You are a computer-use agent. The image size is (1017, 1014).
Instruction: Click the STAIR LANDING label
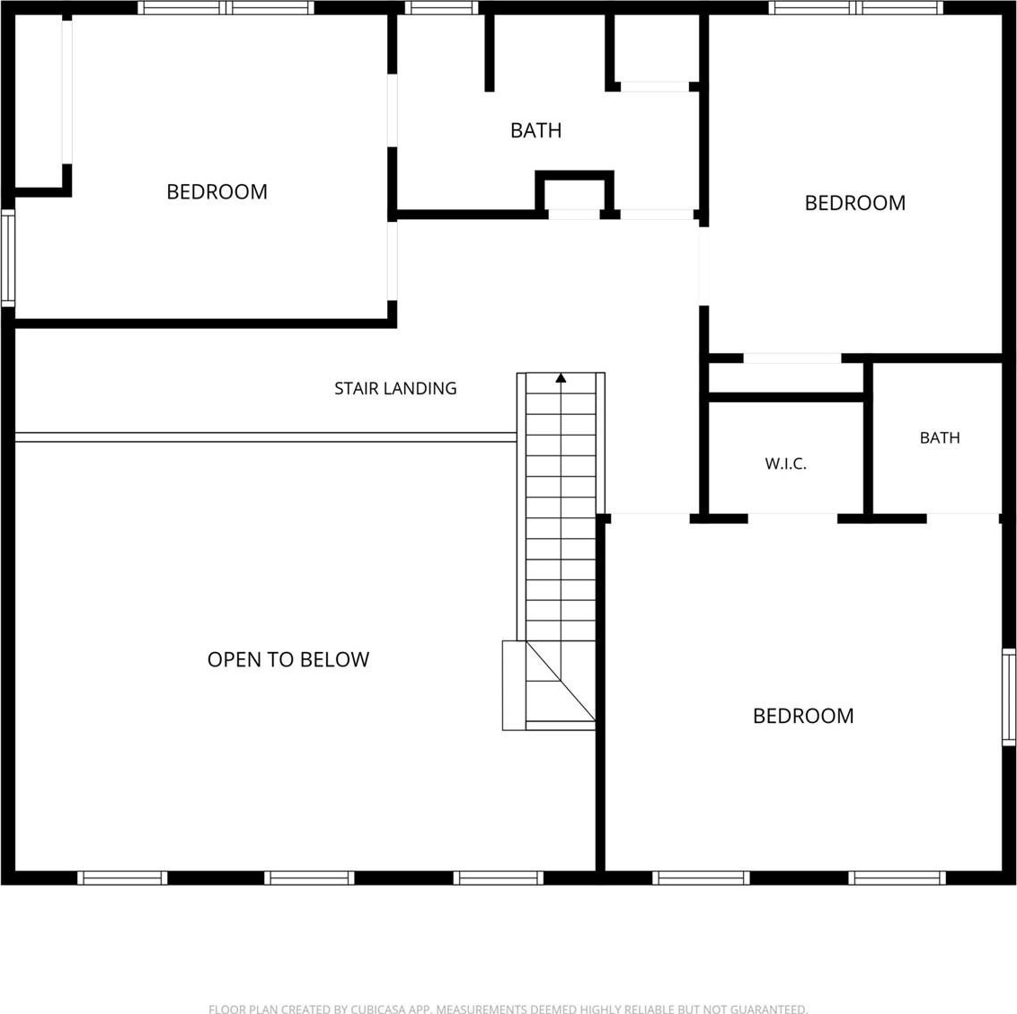[395, 388]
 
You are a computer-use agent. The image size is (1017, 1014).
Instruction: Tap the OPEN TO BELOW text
[288, 659]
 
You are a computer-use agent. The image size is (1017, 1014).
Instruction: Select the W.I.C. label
[785, 463]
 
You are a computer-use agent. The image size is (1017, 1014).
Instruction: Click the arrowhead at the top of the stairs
[561, 377]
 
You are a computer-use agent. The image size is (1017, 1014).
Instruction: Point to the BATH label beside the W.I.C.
[940, 437]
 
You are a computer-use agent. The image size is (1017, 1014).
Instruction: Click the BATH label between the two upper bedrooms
[535, 130]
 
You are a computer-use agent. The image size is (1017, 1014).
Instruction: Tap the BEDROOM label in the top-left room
[217, 192]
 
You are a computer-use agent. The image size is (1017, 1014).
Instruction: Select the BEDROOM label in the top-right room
[855, 203]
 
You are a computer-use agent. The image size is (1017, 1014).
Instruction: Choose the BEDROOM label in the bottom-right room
[803, 716]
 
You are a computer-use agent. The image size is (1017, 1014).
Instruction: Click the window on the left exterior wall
[8, 258]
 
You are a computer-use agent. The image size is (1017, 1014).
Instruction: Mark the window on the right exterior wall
[1009, 697]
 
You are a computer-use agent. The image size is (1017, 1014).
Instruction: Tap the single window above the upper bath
[442, 8]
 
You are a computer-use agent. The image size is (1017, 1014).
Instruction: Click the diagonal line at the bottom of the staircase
[561, 681]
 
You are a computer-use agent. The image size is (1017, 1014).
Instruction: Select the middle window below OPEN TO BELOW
[309, 877]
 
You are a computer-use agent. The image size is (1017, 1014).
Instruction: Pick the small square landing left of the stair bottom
[514, 685]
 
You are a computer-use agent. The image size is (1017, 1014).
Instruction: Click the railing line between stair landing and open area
[265, 437]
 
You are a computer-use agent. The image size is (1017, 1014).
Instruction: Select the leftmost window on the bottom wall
[122, 877]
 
